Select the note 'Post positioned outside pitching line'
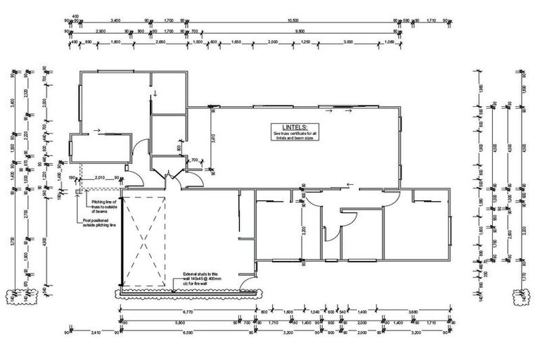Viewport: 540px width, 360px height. [98, 224]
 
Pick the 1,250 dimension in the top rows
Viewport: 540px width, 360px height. [305, 41]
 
